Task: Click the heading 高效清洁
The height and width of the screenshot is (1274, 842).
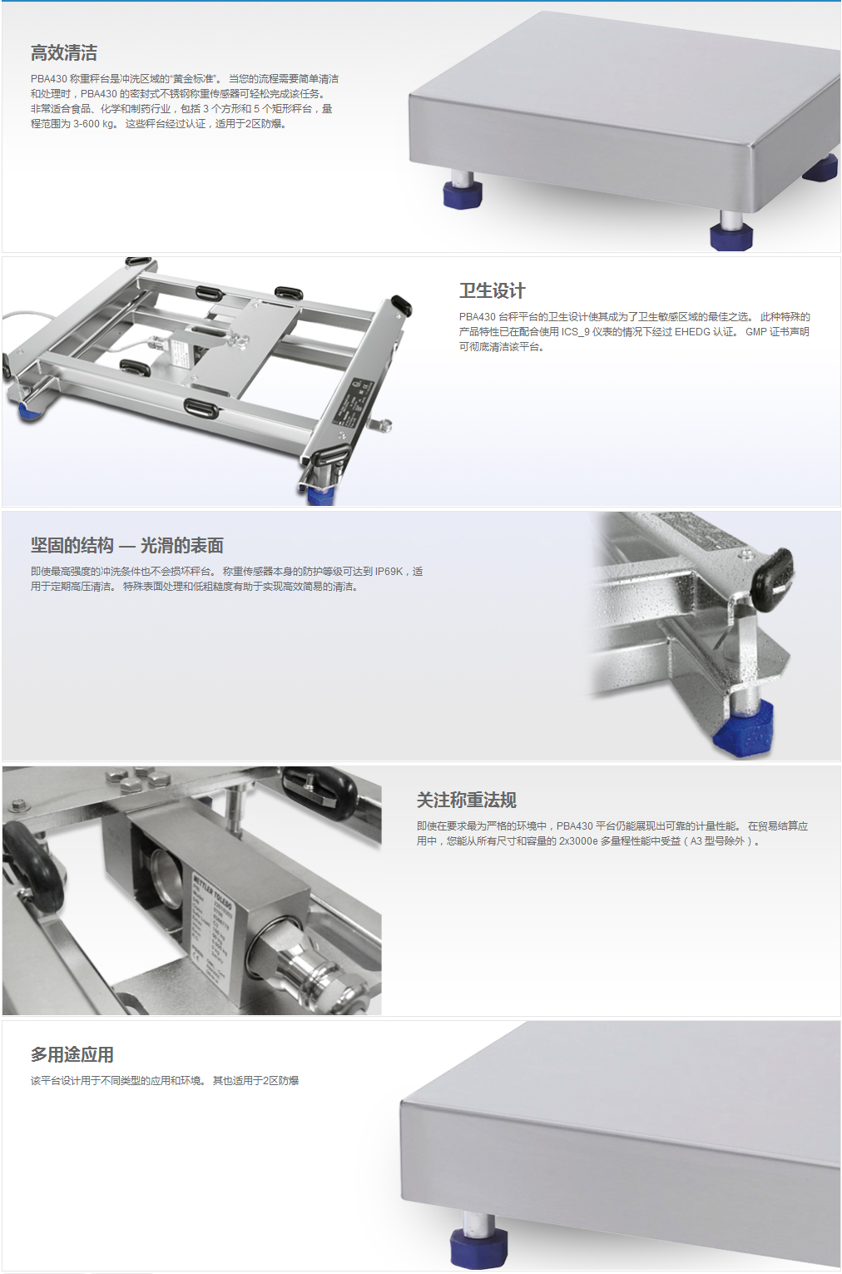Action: point(64,53)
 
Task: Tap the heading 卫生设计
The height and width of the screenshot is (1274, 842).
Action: point(493,290)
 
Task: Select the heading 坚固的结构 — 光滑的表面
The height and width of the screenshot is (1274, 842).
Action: point(126,545)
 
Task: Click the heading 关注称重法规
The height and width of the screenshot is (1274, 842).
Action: point(466,801)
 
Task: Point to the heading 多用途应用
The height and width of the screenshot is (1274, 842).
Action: point(72,1054)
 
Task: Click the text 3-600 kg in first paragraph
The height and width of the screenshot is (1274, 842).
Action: point(94,124)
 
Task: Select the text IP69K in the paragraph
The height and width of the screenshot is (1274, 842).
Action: point(389,572)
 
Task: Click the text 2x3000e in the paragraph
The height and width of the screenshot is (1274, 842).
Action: point(578,841)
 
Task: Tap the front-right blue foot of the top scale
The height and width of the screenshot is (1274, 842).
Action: point(731,235)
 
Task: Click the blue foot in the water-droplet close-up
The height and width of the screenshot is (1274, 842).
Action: point(743,729)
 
